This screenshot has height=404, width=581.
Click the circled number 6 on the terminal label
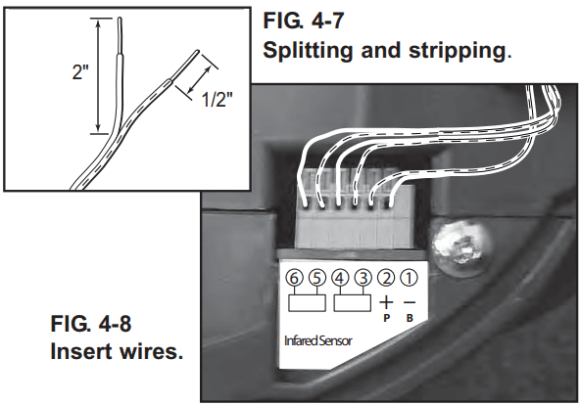point(294,278)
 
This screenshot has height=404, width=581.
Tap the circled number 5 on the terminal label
point(317,278)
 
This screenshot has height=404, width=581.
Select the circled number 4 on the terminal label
point(340,278)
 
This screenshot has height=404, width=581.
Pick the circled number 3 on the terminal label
point(363,278)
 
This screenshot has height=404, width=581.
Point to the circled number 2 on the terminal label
point(386,278)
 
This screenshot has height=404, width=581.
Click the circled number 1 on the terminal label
point(410,278)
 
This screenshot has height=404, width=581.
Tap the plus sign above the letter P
point(386,302)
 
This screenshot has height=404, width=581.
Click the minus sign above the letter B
point(410,302)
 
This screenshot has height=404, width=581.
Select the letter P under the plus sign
point(386,318)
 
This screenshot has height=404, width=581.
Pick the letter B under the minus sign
point(410,318)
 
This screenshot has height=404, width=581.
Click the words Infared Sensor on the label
point(317,340)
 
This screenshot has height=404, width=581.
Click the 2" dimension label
point(80,71)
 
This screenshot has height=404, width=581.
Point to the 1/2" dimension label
point(218,99)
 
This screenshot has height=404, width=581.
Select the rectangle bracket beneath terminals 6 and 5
point(308,303)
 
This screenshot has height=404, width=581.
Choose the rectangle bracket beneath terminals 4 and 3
point(353,303)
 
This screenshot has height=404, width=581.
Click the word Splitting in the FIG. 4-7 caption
point(308,51)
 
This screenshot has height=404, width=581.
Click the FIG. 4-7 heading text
point(304,21)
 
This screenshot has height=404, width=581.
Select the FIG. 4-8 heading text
point(91,324)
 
